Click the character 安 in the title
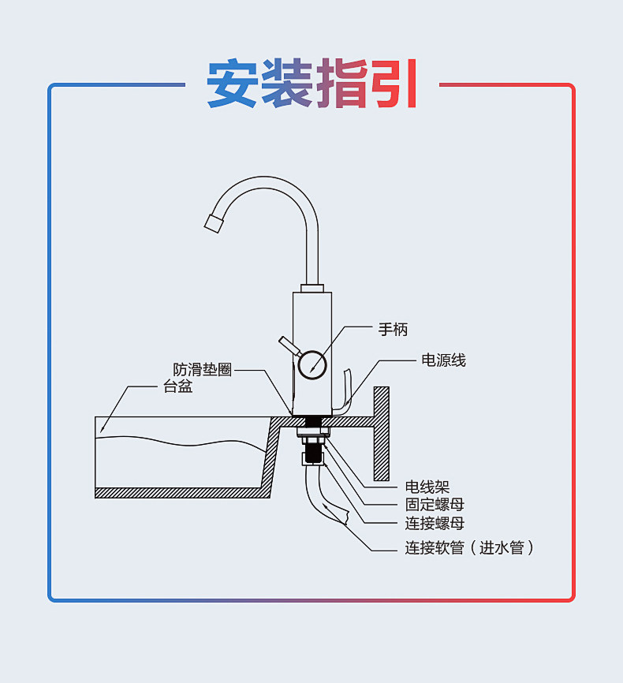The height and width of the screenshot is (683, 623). (233, 83)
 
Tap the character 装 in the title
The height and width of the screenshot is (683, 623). (287, 83)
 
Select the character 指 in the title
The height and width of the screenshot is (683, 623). (341, 83)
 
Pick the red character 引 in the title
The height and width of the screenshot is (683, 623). (394, 83)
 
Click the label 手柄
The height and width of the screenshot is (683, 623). (393, 330)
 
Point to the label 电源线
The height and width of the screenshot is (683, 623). (443, 360)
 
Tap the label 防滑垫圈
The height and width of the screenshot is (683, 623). (203, 369)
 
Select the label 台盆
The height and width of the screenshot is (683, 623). (177, 386)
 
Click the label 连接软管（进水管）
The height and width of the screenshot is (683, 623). (470, 547)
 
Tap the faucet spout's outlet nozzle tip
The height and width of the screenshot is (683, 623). (213, 222)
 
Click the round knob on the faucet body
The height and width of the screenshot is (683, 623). (313, 364)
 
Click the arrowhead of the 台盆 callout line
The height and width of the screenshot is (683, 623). (101, 431)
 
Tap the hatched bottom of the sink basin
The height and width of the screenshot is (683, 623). (181, 492)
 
